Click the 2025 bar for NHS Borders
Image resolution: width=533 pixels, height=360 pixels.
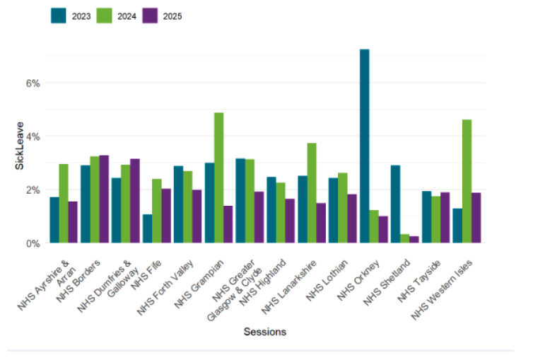[x=104, y=199]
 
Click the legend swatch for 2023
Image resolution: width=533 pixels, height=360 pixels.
[x=59, y=16]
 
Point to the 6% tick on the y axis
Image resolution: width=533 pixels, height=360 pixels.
[x=33, y=83]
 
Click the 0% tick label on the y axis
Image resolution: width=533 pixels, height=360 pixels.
[x=33, y=243]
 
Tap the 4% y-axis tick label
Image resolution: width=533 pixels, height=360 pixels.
[x=33, y=136]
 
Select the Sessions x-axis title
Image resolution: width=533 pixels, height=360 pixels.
[x=264, y=331]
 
